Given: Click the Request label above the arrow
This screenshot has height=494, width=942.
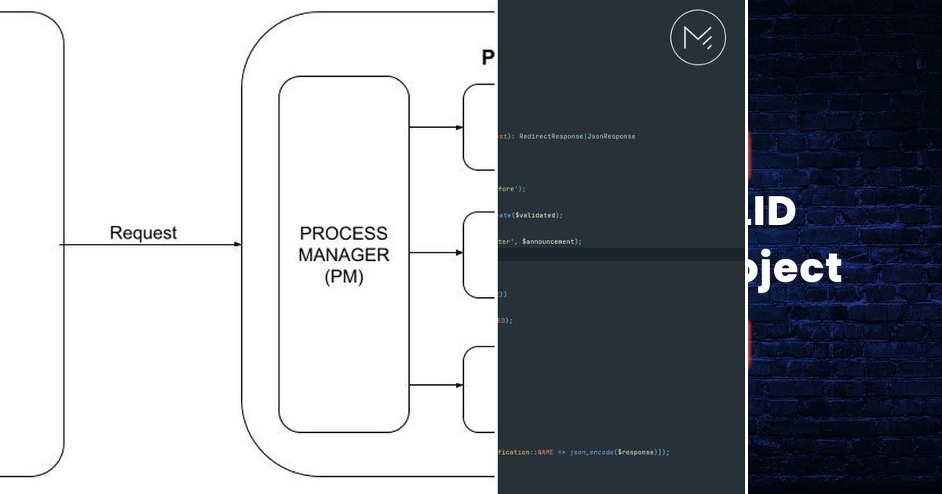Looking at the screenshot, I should coord(143,233).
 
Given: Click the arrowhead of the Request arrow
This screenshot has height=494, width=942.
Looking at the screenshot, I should coord(237,245).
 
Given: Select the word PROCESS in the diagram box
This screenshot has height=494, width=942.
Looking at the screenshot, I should coord(344,234).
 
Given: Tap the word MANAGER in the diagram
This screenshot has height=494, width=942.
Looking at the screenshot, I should coord(344,255).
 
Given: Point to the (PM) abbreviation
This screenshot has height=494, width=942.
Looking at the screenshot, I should coord(344,277).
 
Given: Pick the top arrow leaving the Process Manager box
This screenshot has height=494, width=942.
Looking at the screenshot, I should coord(436,127).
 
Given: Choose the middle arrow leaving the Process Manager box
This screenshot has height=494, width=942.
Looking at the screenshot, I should coord(436,252).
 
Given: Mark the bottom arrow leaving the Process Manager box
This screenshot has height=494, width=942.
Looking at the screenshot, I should coord(436,385).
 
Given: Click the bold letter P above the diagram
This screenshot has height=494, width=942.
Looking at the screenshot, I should coord(488,57).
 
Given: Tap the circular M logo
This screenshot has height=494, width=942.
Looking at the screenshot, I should coord(698,37).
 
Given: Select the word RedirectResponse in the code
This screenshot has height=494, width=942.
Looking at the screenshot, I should coord(548,136).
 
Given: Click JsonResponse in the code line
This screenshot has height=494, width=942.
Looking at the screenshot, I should coord(609,136).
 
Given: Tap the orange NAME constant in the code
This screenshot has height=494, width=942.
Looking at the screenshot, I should coord(546,452).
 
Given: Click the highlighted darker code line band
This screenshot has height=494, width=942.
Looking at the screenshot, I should coord(620,255).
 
